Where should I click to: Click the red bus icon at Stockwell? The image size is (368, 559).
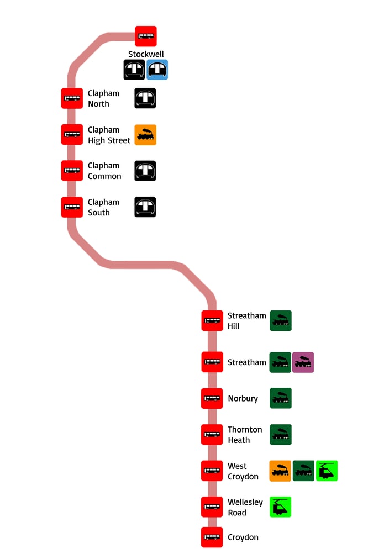(x=146, y=36)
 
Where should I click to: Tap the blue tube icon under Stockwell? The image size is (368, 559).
(x=157, y=70)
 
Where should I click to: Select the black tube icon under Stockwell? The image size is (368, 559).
(x=134, y=70)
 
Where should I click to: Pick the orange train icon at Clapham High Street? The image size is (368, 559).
(x=145, y=135)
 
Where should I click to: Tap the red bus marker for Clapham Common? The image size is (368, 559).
(x=72, y=171)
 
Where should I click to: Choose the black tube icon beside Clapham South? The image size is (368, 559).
(x=145, y=207)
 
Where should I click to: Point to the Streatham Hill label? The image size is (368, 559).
(x=246, y=321)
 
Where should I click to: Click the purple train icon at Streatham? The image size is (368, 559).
(x=303, y=362)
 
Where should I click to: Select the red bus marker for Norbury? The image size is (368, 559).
(x=212, y=398)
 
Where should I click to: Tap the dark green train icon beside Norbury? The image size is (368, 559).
(x=280, y=398)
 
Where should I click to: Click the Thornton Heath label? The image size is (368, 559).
(x=245, y=435)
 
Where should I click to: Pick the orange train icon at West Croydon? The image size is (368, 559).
(x=280, y=471)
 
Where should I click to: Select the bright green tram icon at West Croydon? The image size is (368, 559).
(x=327, y=471)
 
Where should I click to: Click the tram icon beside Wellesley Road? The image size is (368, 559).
(x=280, y=507)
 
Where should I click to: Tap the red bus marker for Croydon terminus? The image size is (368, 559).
(x=212, y=537)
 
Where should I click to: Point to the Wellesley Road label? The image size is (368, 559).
(x=245, y=507)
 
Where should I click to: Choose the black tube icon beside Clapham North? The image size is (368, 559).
(x=145, y=98)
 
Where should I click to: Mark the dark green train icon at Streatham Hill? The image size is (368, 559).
(x=280, y=321)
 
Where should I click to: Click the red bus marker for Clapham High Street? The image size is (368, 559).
(x=72, y=135)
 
